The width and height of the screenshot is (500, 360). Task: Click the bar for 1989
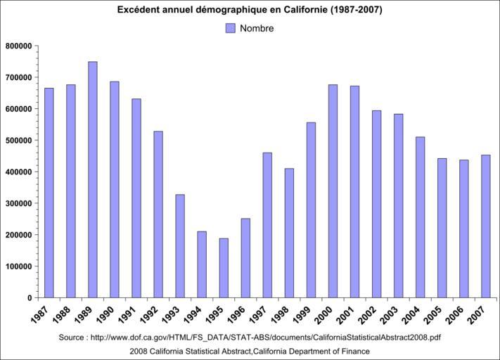(93, 179)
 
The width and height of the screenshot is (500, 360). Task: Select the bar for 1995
(224, 268)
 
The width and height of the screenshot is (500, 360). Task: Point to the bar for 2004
(421, 217)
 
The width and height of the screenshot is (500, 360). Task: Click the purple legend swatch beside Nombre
(230, 28)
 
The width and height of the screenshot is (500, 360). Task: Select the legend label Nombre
(257, 29)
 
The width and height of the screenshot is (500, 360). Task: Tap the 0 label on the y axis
(30, 298)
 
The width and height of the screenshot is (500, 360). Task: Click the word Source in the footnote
(73, 337)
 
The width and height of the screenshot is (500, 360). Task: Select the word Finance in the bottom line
(354, 351)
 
